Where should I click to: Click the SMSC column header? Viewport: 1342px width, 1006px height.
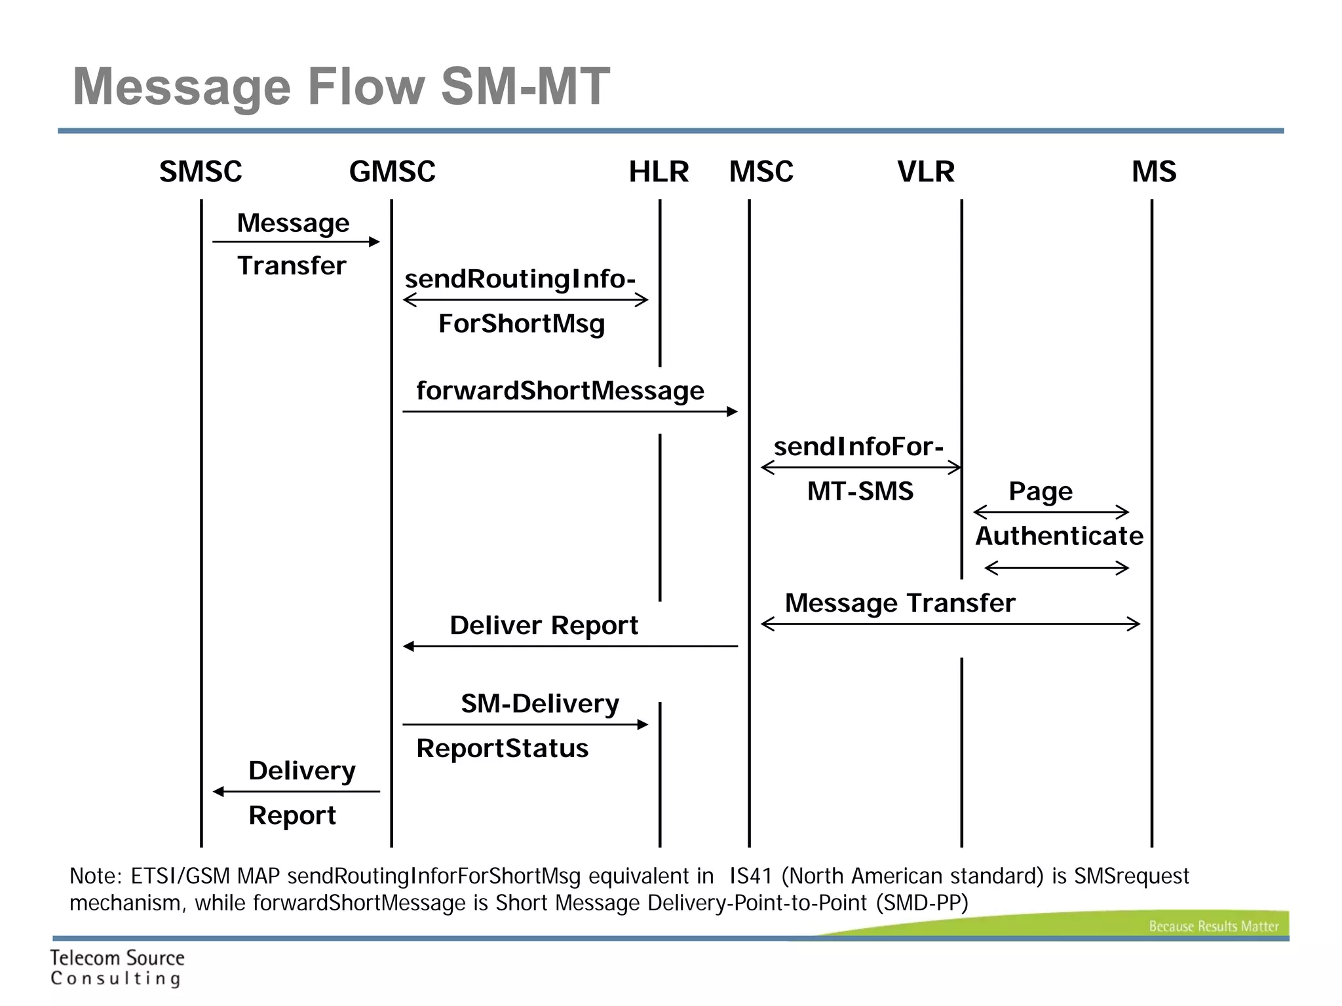201,172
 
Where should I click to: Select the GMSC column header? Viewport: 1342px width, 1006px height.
392,172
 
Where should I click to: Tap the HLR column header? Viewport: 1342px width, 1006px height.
659,172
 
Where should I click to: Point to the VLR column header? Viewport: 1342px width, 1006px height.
925,172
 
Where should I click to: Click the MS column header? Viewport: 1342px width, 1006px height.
1154,172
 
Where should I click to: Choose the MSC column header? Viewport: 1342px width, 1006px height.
761,172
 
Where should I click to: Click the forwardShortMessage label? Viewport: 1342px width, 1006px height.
560,390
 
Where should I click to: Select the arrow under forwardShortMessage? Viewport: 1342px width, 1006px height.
570,411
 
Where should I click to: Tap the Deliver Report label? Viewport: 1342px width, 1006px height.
543,625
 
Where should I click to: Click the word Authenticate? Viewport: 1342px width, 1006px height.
1059,536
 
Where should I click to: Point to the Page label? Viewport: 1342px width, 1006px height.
1041,491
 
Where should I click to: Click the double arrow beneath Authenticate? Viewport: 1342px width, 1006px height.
1056,568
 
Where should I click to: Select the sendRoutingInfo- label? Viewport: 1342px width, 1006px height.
520,279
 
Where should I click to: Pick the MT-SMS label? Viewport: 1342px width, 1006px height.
860,491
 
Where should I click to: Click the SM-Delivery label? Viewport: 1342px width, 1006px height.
540,704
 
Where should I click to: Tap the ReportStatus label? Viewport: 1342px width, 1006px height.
502,749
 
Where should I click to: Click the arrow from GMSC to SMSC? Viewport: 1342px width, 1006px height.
296,792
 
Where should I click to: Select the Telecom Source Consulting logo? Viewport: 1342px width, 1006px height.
117,967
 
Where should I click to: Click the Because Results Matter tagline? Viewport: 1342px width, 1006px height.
1213,926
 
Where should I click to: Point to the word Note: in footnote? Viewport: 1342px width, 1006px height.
96,876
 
